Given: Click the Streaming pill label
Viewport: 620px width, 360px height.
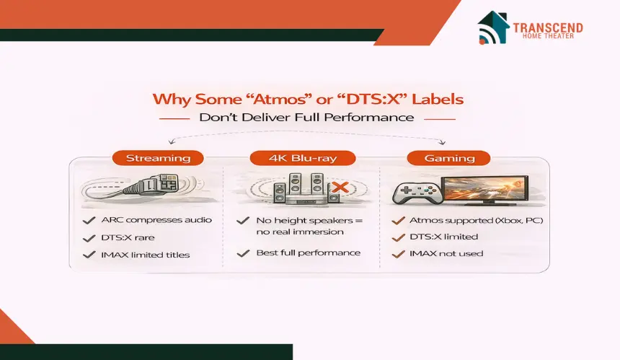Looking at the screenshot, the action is click(x=158, y=158).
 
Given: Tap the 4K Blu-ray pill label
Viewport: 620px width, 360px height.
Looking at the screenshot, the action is click(x=303, y=158).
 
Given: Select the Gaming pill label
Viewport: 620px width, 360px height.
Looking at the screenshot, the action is click(x=449, y=158).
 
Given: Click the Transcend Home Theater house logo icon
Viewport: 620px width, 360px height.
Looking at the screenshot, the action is click(x=493, y=27).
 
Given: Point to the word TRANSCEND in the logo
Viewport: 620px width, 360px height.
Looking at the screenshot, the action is click(x=548, y=27).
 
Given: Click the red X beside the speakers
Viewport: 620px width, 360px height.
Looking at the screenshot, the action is click(x=340, y=187).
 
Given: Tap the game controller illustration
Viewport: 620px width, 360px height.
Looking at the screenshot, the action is click(x=417, y=193).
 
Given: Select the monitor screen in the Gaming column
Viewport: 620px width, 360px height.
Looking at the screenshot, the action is click(x=484, y=189).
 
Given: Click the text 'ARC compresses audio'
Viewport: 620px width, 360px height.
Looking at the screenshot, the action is click(x=156, y=220).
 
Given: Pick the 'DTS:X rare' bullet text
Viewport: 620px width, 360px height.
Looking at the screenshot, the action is click(x=128, y=237).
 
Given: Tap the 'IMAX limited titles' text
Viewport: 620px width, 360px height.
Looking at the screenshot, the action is click(x=146, y=255).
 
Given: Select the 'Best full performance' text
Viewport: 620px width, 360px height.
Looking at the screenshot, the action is click(x=309, y=253).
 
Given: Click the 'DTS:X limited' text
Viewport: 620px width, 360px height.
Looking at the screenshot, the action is click(x=444, y=237).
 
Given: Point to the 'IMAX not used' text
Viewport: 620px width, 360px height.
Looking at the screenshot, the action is click(x=446, y=253).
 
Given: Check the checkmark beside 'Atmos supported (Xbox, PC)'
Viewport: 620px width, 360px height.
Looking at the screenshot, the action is click(x=399, y=220).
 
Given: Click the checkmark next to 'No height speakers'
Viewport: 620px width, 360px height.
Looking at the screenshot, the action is click(x=243, y=220).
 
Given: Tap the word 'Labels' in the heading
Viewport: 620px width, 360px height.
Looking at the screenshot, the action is click(x=438, y=99).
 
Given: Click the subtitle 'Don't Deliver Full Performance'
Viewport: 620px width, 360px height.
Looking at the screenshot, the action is click(x=306, y=118).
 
